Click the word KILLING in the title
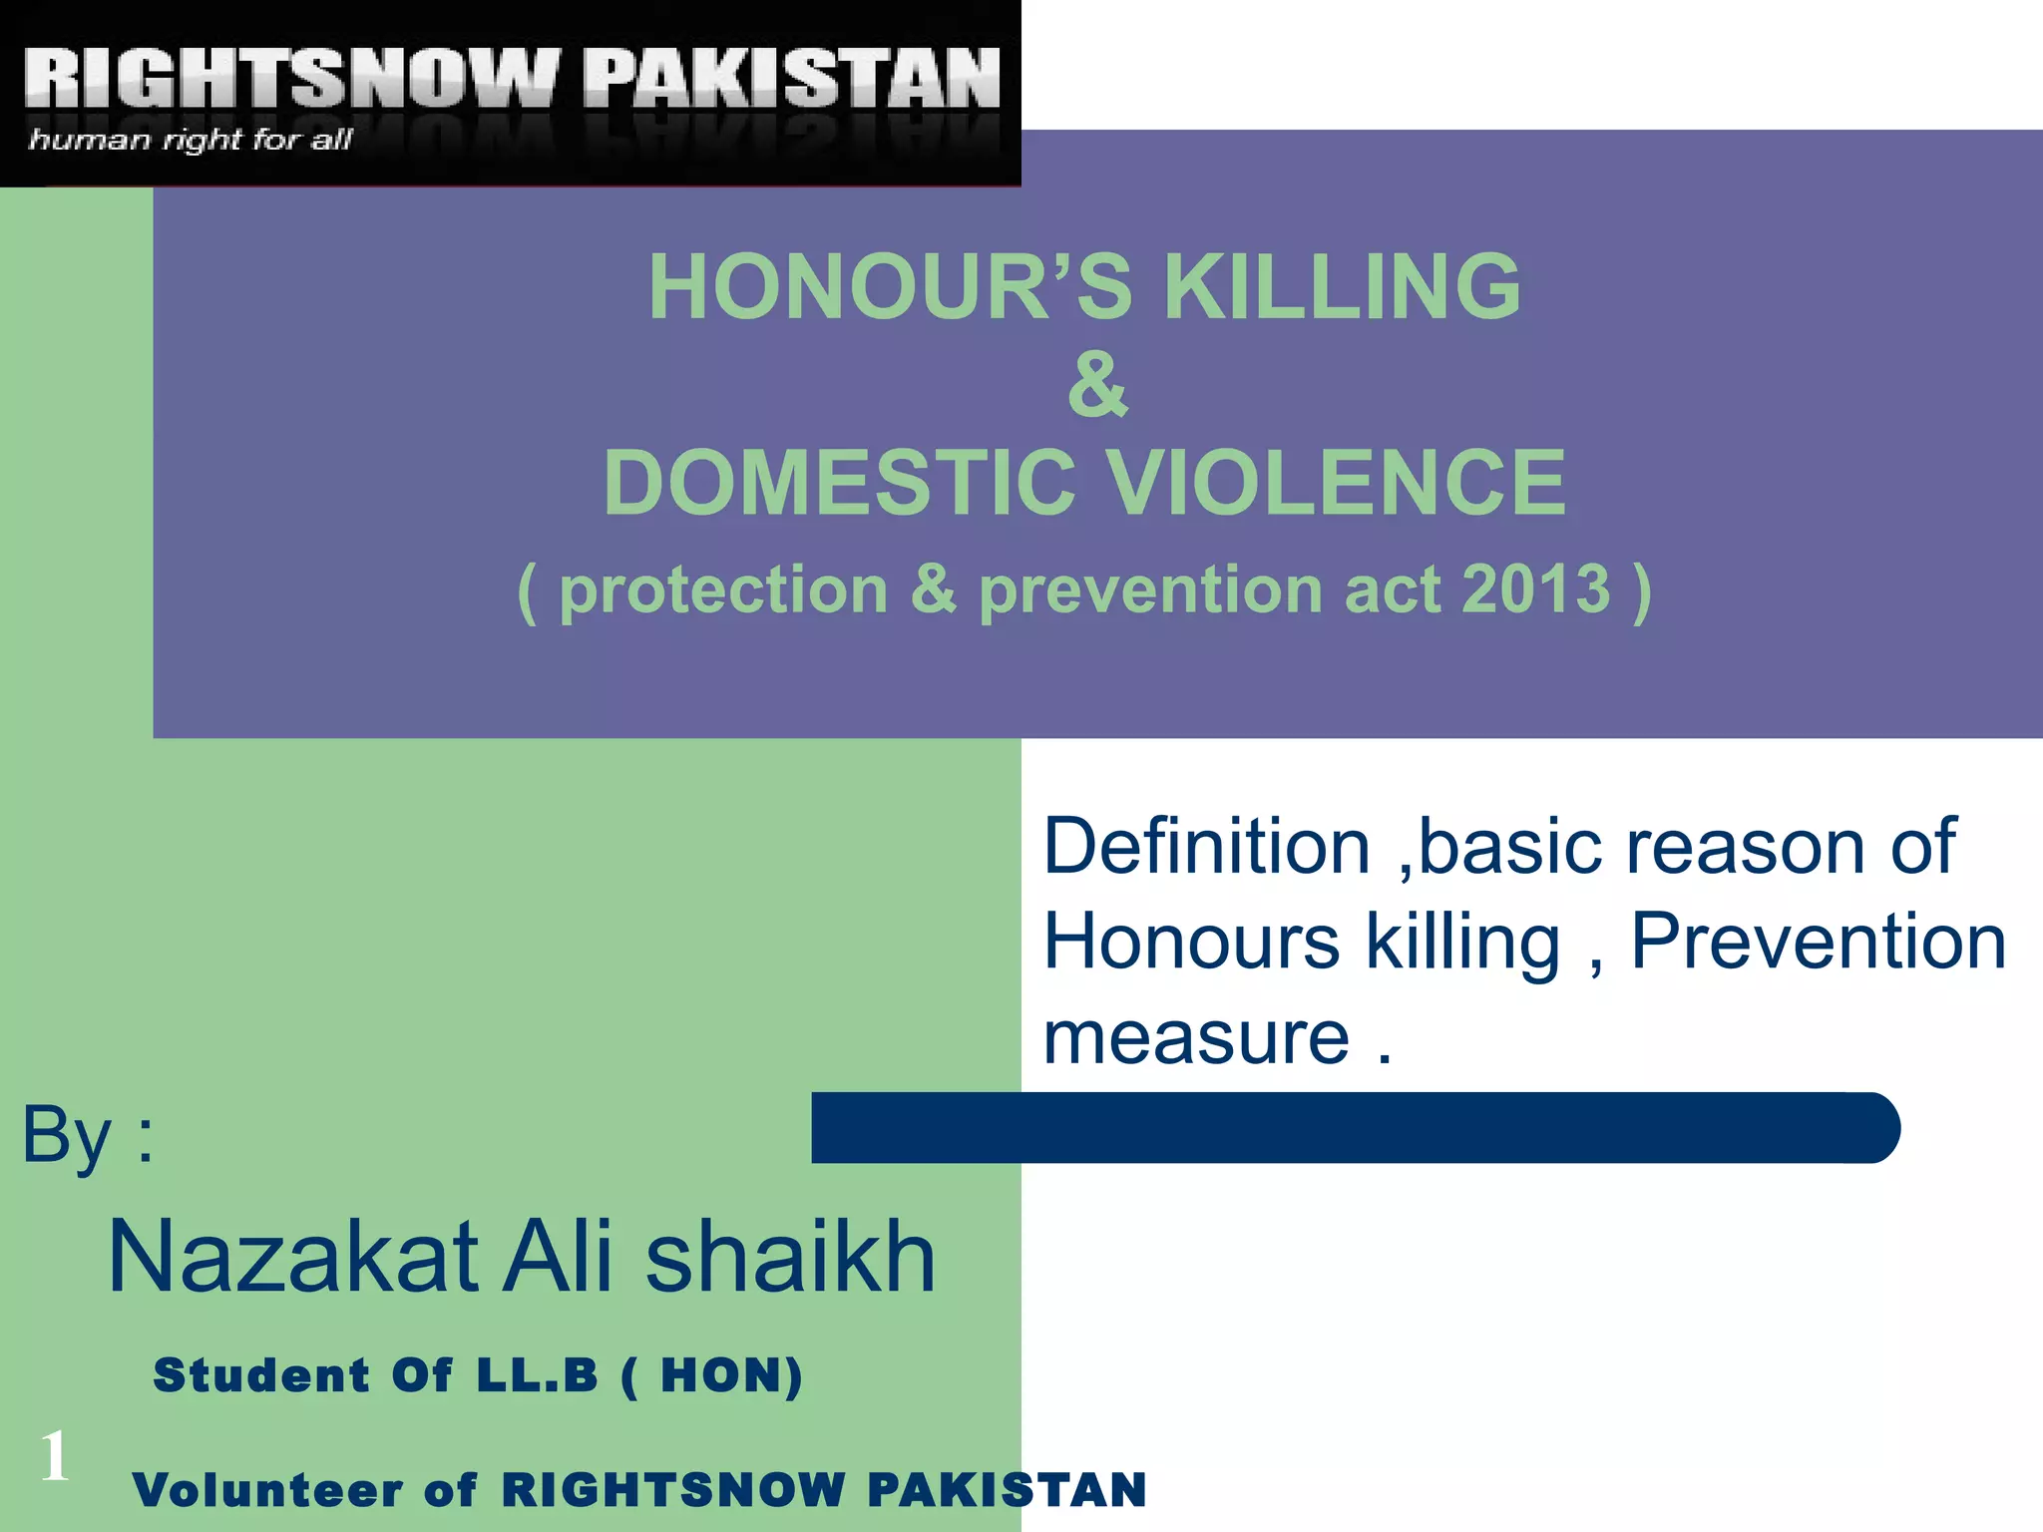tap(1342, 287)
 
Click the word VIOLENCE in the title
tap(1337, 483)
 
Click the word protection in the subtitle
tap(723, 591)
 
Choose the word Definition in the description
tap(1206, 847)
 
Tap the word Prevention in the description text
tap(1818, 942)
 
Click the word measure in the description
tap(1196, 1037)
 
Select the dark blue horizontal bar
tap(1355, 1128)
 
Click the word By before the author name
tap(67, 1136)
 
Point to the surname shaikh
tap(790, 1257)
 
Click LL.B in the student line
tap(537, 1375)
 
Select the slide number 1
tap(55, 1455)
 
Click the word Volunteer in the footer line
tap(267, 1490)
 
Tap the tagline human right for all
tap(190, 140)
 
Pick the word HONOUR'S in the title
tap(890, 287)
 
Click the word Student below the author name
tap(261, 1375)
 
